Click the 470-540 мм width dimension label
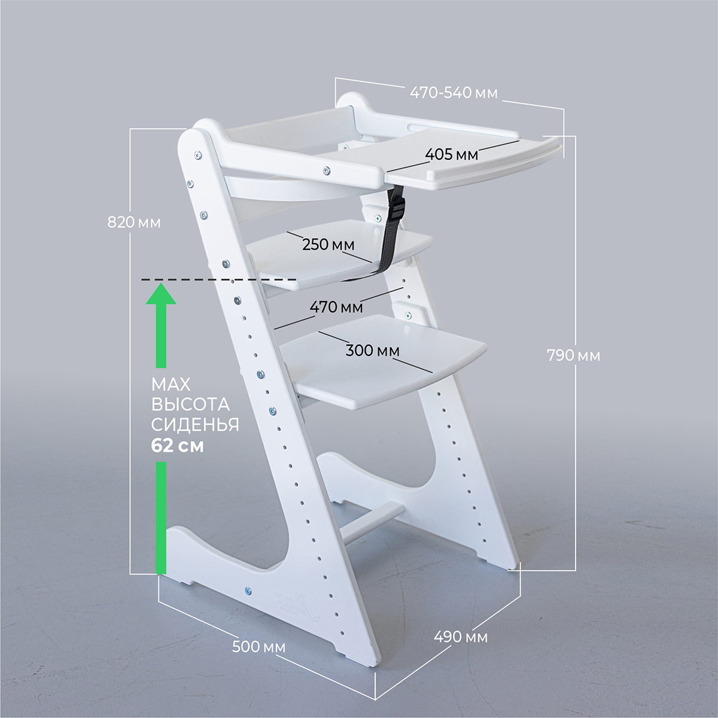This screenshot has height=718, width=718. click(x=454, y=92)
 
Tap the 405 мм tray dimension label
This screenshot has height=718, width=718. click(x=452, y=154)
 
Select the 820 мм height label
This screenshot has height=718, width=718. click(x=134, y=223)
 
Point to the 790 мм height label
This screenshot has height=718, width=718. click(x=573, y=356)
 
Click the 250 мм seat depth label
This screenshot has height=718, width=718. click(x=328, y=245)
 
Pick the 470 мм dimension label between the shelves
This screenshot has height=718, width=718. click(x=336, y=307)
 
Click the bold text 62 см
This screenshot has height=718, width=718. click(x=177, y=446)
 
